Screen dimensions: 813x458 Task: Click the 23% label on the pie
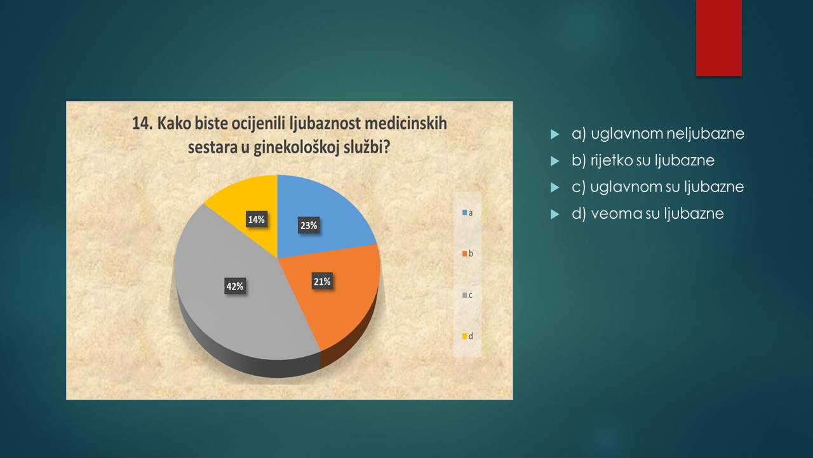[x=309, y=225]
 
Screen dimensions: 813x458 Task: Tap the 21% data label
[x=322, y=282]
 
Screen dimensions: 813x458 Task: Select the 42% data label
[x=235, y=286]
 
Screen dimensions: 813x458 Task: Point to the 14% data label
[x=257, y=219]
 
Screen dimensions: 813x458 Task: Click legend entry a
[x=467, y=212]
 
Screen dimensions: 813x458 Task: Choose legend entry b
[x=467, y=254]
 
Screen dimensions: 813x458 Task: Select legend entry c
[x=467, y=295]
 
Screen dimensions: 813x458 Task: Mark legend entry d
[x=467, y=337]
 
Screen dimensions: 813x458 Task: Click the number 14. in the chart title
[x=143, y=123]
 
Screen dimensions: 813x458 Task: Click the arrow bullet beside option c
[x=554, y=187]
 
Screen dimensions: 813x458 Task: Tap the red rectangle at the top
[x=718, y=38]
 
